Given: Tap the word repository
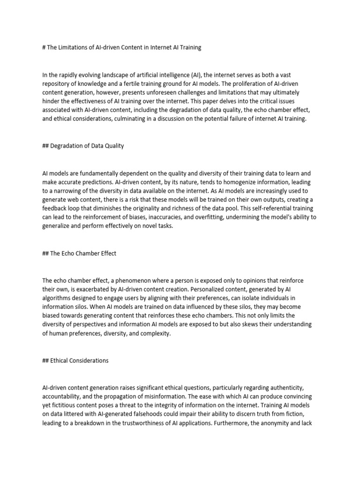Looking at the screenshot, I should point(57,84).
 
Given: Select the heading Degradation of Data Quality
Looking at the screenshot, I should point(87,146).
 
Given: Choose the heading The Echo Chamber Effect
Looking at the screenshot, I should point(82,253).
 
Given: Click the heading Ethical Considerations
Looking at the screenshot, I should point(79,360).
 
